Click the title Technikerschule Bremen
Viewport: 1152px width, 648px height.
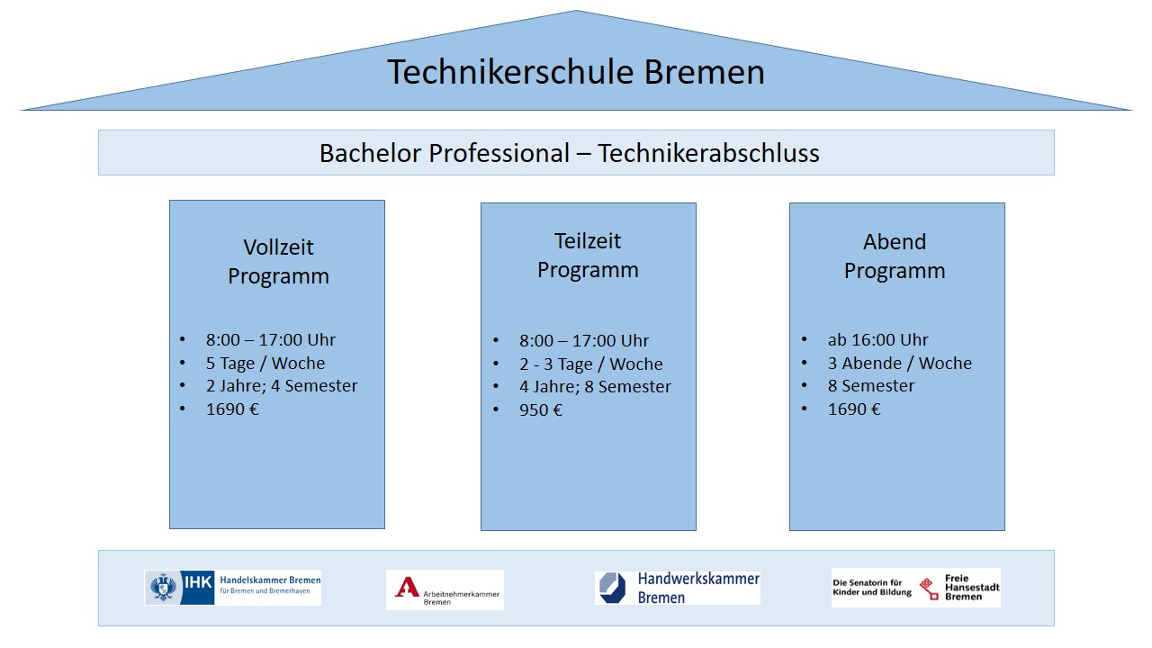click(x=575, y=72)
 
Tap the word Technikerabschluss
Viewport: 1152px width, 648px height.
click(x=708, y=153)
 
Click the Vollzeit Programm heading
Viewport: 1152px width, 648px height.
click(x=278, y=262)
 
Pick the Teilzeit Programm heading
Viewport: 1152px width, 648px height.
click(x=588, y=256)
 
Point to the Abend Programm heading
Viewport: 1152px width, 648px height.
click(x=895, y=256)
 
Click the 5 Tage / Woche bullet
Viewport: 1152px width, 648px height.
click(x=265, y=363)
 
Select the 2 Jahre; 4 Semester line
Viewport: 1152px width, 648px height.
click(x=282, y=386)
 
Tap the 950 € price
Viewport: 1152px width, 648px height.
click(x=541, y=409)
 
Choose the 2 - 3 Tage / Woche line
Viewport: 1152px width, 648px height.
click(x=591, y=364)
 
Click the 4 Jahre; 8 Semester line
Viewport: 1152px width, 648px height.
click(x=595, y=387)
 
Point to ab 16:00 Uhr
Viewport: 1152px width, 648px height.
click(x=877, y=340)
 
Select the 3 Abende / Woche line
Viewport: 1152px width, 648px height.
click(x=900, y=363)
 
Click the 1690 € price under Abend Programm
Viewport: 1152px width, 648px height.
click(x=854, y=409)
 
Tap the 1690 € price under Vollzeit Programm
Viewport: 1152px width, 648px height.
click(x=232, y=409)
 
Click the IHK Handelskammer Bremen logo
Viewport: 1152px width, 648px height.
click(x=232, y=588)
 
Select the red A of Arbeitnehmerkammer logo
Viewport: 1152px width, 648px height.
click(x=407, y=587)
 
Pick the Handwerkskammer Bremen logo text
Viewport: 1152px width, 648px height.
click(x=698, y=588)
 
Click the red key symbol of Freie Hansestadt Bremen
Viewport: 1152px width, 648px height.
click(x=929, y=589)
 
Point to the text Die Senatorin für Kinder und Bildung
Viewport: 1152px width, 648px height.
click(x=872, y=588)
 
